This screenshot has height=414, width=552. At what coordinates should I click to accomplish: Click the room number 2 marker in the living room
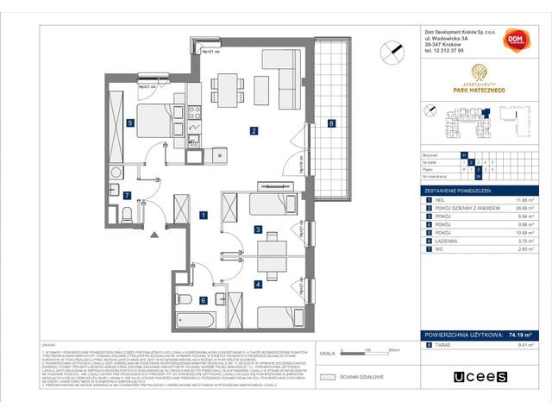(x=254, y=131)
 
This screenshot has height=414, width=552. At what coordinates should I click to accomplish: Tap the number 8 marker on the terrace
(x=332, y=124)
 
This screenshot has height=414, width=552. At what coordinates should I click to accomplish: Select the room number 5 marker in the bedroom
(x=130, y=123)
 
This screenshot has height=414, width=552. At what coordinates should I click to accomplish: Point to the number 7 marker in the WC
(x=126, y=195)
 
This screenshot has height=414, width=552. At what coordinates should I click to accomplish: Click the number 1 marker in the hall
(x=203, y=214)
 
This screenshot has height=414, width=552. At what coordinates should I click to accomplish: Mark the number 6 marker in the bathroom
(x=203, y=300)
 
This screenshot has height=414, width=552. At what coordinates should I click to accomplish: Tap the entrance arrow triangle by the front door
(x=154, y=234)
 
